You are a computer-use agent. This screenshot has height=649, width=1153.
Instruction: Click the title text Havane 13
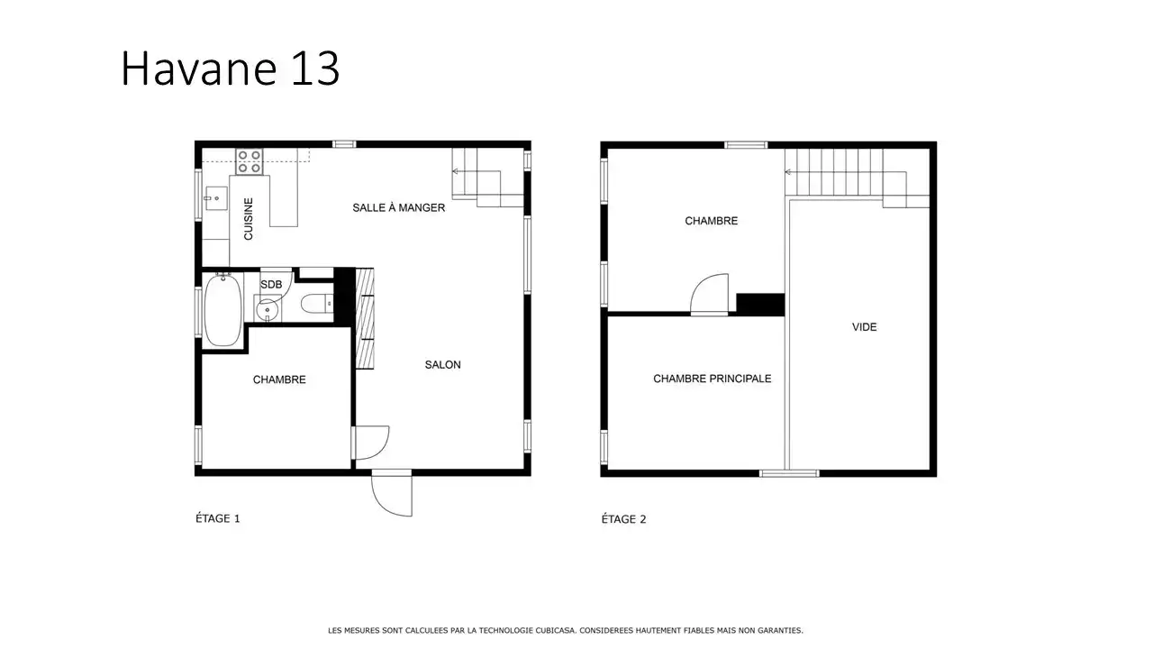click(230, 68)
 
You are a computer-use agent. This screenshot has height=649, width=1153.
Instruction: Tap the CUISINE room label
click(248, 219)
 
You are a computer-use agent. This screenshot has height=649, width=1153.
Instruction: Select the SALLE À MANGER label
click(398, 207)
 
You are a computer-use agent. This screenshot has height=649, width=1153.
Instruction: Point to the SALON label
click(442, 365)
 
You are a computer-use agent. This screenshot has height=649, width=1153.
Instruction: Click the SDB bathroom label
click(271, 284)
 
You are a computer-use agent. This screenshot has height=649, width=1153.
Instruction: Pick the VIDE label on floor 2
click(864, 327)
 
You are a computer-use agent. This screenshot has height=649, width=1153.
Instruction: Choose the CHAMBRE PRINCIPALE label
click(713, 379)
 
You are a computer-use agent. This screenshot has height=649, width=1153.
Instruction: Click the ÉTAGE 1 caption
click(218, 518)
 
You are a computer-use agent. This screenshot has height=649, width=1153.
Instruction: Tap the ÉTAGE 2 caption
click(623, 518)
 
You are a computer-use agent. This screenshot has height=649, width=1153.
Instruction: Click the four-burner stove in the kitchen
click(250, 161)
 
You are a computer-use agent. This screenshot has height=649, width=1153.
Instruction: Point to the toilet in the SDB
click(316, 304)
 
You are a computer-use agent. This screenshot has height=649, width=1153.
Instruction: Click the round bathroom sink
click(268, 309)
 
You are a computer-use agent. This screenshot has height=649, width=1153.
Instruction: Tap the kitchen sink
click(215, 198)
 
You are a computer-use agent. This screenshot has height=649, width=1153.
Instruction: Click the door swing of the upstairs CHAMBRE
click(709, 294)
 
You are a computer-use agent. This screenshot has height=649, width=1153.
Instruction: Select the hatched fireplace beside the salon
click(365, 318)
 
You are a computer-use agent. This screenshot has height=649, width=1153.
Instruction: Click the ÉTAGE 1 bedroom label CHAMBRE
click(279, 379)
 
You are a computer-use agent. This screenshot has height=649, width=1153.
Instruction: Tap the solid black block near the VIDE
click(760, 304)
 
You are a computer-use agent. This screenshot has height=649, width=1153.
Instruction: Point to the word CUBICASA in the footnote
click(557, 630)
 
